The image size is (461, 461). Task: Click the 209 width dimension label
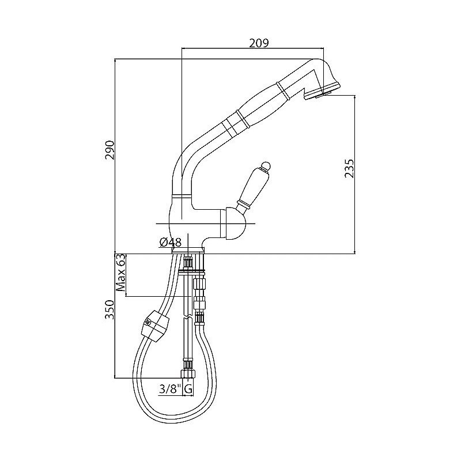[259, 43]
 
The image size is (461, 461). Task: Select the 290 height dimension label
[109, 150]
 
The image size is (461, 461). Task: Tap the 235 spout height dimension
[349, 168]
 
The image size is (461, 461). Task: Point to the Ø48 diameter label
[170, 242]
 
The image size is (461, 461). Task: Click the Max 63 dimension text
[121, 273]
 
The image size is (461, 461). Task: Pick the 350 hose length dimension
[109, 310]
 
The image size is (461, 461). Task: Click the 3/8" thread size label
[169, 389]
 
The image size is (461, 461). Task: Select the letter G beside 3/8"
[188, 390]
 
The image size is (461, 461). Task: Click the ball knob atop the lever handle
[266, 166]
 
